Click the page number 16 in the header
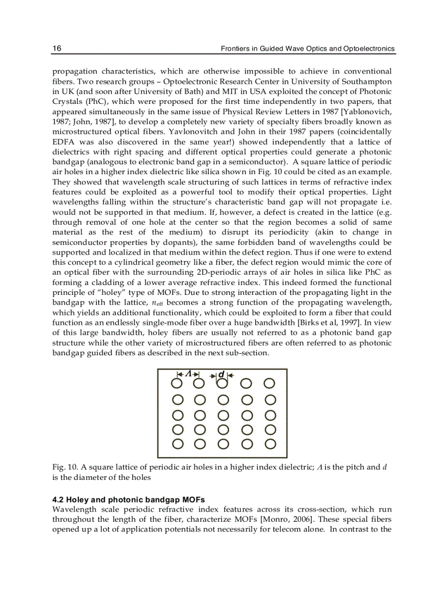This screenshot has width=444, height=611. click(x=57, y=48)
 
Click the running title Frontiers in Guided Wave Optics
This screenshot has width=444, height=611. click(x=307, y=49)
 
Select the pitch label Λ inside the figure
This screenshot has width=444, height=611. click(x=188, y=374)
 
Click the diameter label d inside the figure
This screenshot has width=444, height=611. click(x=221, y=374)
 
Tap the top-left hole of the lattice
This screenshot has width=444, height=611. click(x=177, y=384)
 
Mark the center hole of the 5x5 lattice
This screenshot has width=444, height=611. click(x=223, y=415)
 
